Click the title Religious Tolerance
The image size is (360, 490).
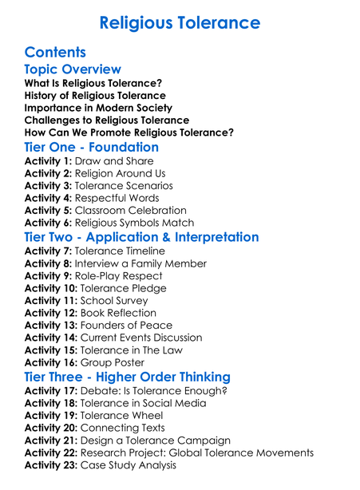[180, 22]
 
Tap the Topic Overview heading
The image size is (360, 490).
[73, 69]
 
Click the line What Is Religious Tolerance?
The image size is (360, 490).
[93, 83]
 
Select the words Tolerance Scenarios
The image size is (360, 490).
[125, 186]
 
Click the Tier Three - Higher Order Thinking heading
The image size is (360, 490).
[139, 377]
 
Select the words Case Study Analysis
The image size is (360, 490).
[129, 464]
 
